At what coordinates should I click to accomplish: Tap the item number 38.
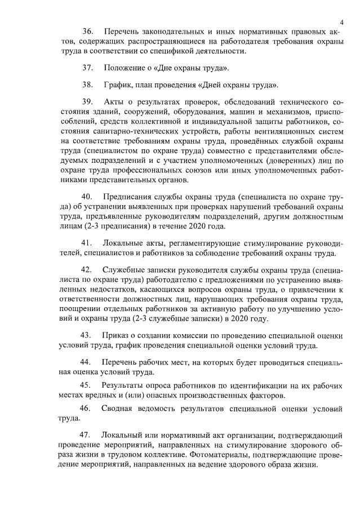87,85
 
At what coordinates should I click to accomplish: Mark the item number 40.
87,197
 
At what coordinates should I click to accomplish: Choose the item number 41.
87,243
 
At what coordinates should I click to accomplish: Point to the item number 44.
87,361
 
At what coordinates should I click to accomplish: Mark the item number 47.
87,436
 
